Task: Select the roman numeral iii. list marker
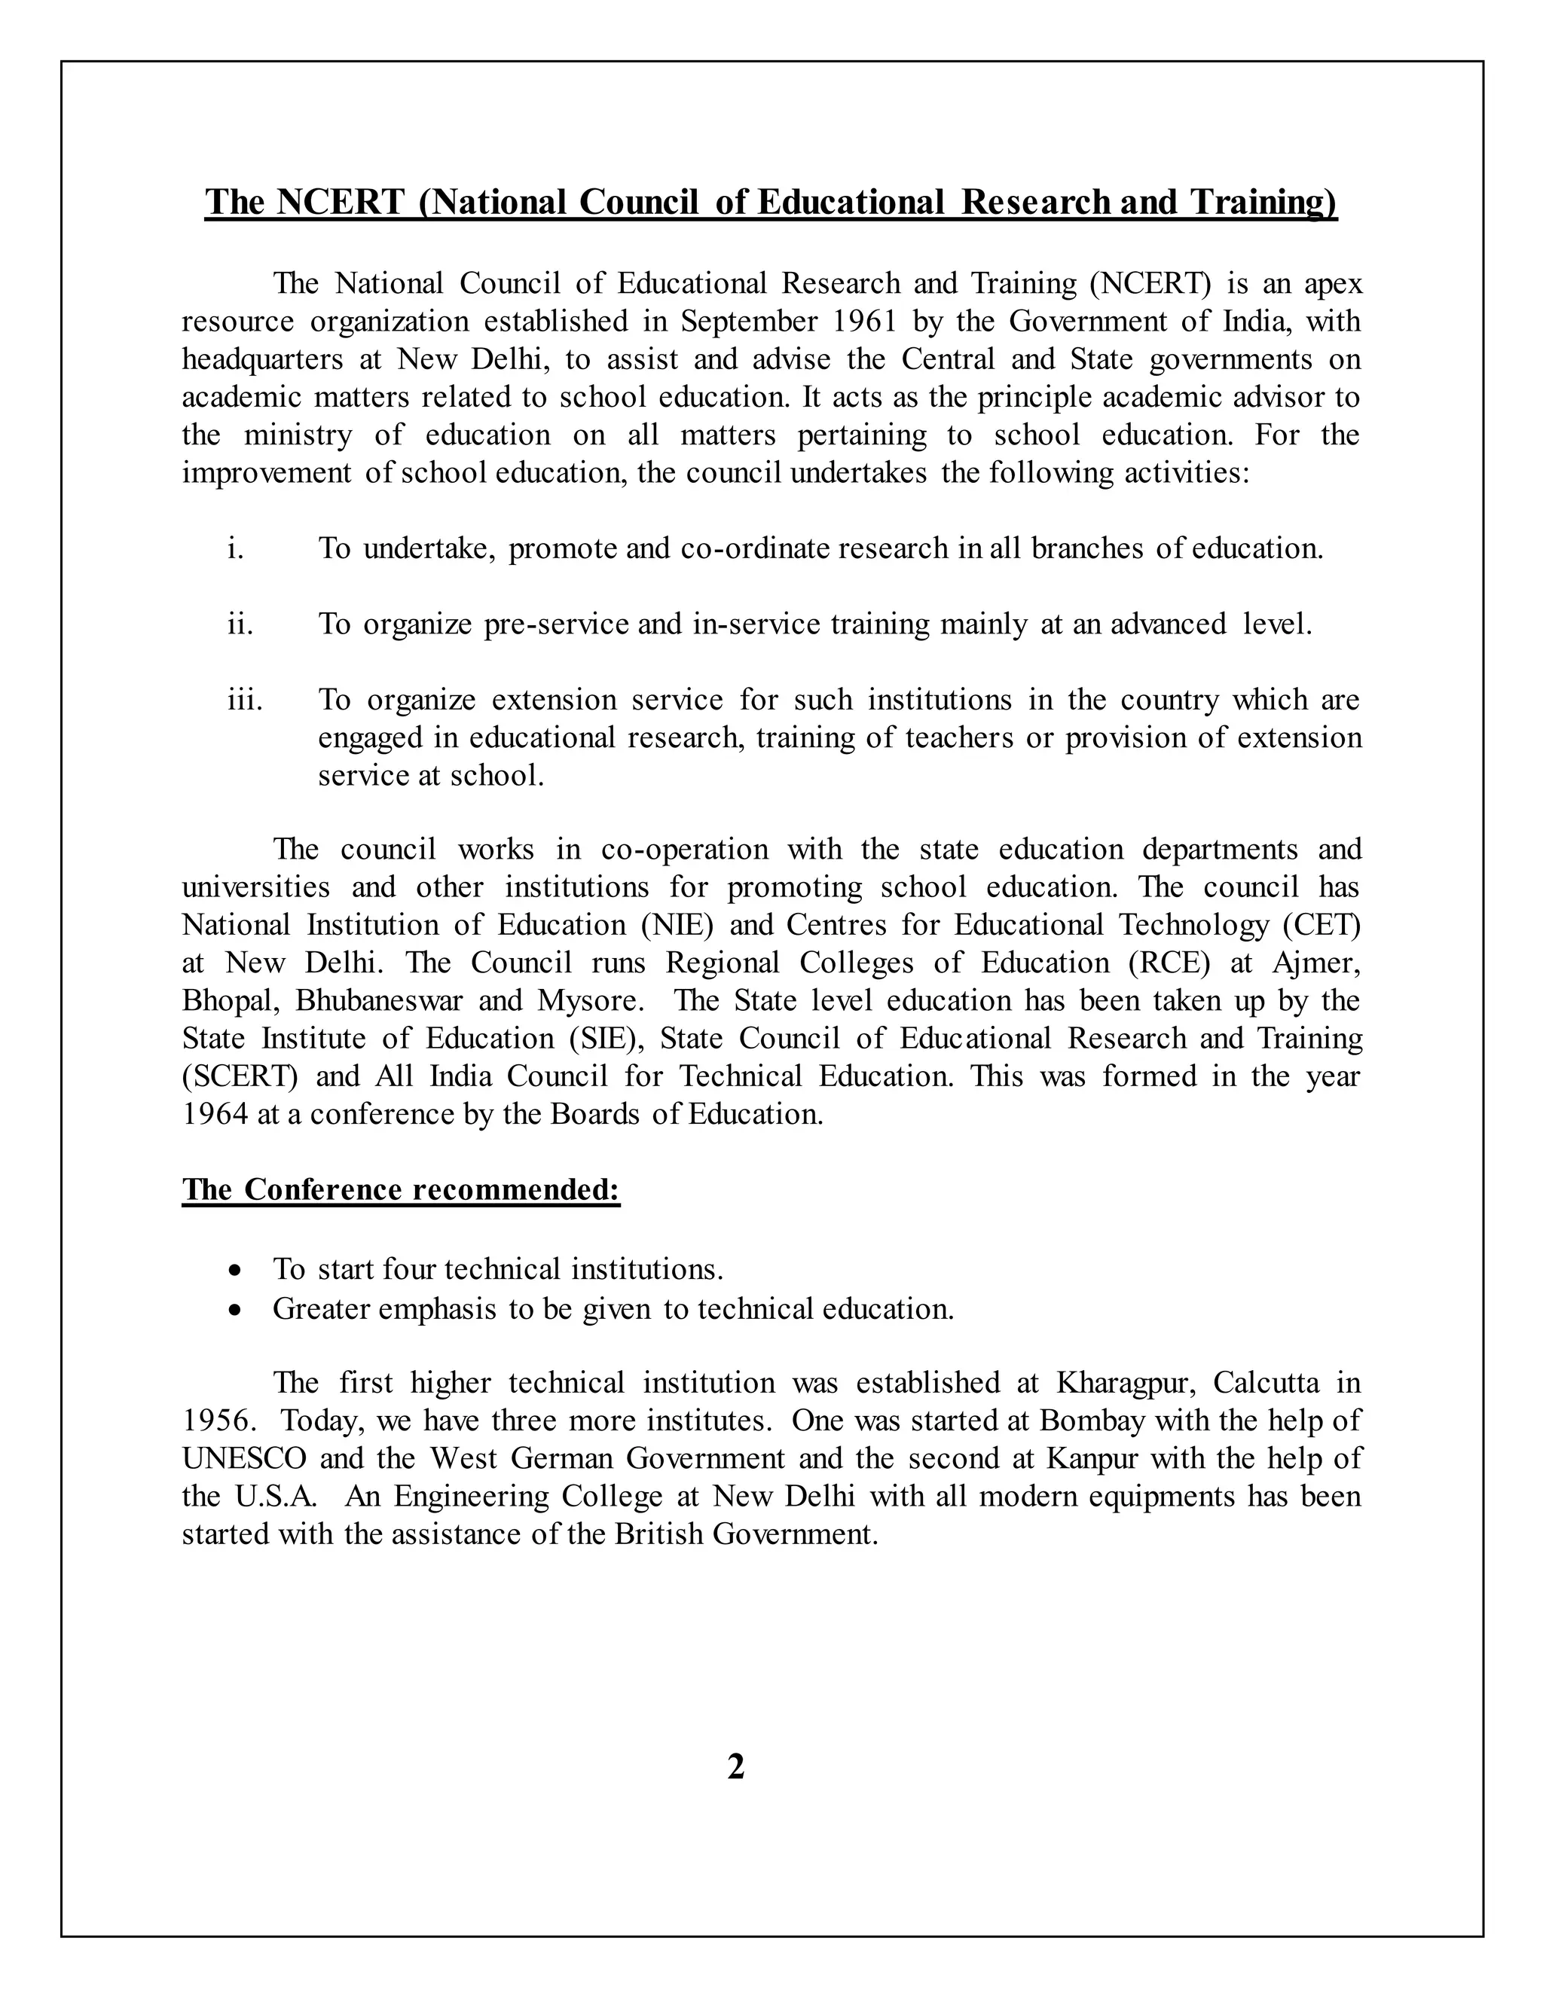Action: (245, 700)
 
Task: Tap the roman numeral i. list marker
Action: (236, 548)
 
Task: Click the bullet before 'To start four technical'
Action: (237, 1271)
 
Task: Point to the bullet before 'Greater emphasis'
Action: (237, 1311)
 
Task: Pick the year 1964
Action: (215, 1115)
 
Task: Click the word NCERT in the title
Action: (340, 202)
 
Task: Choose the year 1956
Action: (215, 1421)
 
